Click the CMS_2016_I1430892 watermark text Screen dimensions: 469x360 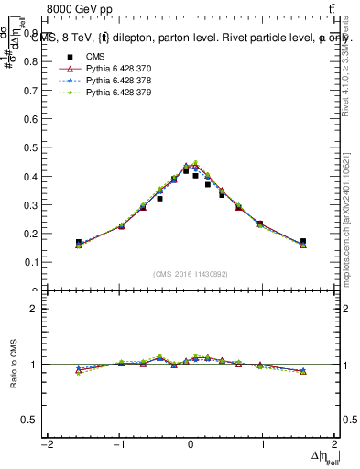tap(191, 273)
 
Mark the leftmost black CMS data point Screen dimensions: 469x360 tap(79, 242)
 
